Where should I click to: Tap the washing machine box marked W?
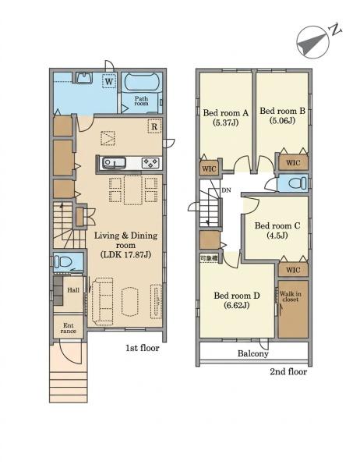click(109, 81)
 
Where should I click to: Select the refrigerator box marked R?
click(154, 126)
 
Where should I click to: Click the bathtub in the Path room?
click(141, 81)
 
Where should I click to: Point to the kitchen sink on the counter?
click(114, 163)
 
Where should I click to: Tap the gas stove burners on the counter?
click(150, 163)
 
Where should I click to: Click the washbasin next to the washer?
click(84, 77)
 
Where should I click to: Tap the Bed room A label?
click(225, 113)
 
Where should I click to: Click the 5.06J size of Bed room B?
click(282, 120)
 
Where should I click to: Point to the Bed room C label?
click(277, 225)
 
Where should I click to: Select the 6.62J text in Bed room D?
click(237, 305)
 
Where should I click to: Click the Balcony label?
click(253, 353)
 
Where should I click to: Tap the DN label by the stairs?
click(227, 190)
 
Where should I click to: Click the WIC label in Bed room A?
click(209, 169)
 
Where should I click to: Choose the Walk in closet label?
click(290, 296)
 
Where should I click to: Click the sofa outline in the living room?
click(103, 302)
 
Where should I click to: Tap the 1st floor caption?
click(143, 348)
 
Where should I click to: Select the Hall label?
click(73, 290)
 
